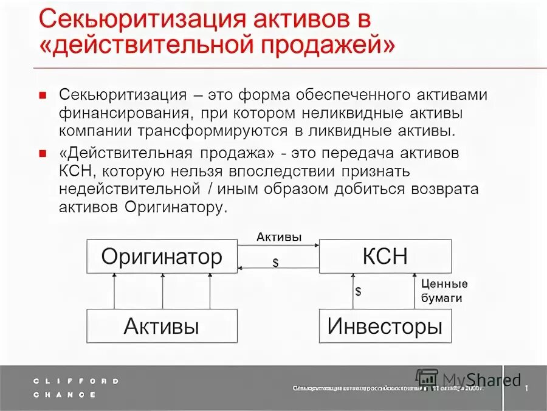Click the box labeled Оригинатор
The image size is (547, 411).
tap(161, 257)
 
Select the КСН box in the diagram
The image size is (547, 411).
tap(385, 257)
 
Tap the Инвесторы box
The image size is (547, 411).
tap(385, 326)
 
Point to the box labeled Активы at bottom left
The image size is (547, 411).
tap(161, 326)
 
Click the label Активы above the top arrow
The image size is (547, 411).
tap(278, 237)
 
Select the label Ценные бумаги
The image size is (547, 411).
tap(444, 291)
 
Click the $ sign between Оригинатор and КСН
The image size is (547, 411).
tap(275, 262)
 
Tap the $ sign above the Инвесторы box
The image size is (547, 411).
tap(358, 291)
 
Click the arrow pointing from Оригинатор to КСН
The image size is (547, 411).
tap(278, 246)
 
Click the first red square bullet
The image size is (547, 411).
tap(43, 95)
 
